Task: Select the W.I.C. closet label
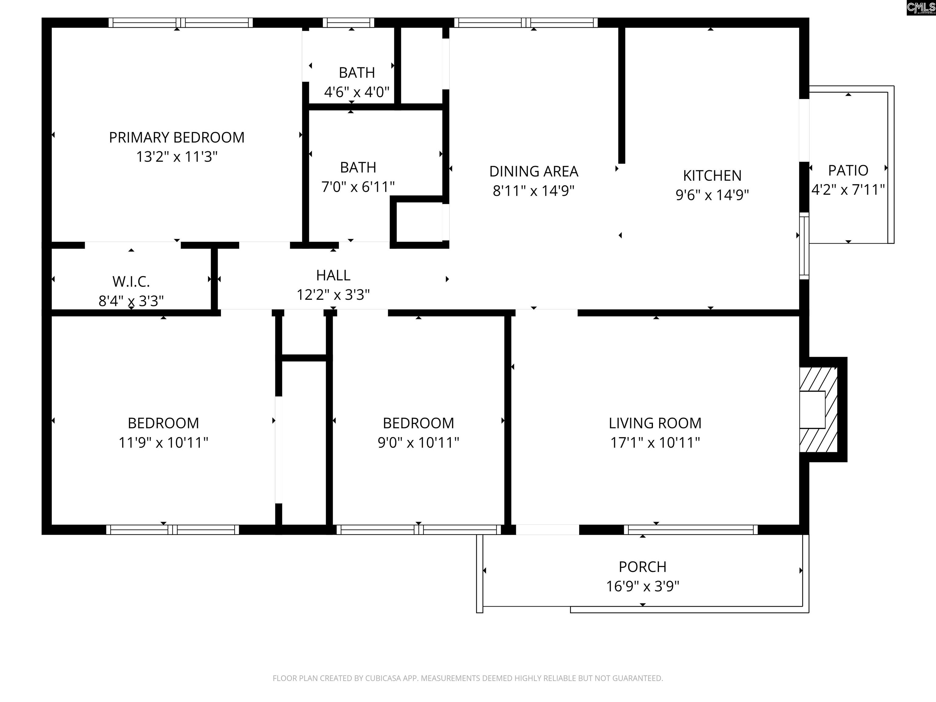[x=131, y=282]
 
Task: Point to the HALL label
[x=333, y=275]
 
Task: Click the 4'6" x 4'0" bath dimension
[x=357, y=92]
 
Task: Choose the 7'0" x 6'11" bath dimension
[x=358, y=186]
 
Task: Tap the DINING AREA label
[x=534, y=171]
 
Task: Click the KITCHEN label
[x=712, y=175]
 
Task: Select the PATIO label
[x=848, y=171]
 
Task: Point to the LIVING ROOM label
[x=655, y=423]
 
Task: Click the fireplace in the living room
[x=823, y=409]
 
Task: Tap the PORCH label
[x=642, y=567]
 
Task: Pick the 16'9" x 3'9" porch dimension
[x=642, y=586]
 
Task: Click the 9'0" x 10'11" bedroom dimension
[x=418, y=443]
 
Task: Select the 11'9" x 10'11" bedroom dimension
[x=163, y=443]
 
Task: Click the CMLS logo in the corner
[x=921, y=8]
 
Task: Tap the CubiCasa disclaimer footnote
[x=468, y=678]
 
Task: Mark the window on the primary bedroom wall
[x=181, y=23]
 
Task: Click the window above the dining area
[x=526, y=23]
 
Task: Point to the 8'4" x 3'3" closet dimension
[x=131, y=301]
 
